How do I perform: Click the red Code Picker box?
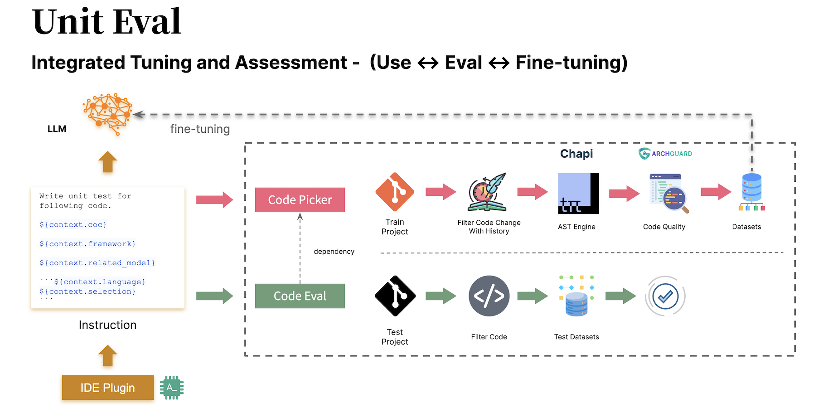tap(300, 200)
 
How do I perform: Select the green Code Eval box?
tap(300, 296)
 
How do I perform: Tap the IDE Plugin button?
tap(107, 388)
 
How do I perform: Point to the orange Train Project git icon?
tap(395, 192)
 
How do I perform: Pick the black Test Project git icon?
tap(395, 296)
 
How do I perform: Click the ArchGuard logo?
tap(665, 154)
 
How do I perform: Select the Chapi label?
tap(576, 154)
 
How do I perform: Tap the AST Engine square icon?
tap(578, 194)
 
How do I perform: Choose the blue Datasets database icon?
tap(751, 192)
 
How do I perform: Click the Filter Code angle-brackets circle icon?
tap(489, 296)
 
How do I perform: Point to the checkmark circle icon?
tap(665, 296)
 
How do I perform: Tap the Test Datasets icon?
tap(576, 296)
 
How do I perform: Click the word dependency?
tap(334, 252)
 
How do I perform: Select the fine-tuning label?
tap(200, 129)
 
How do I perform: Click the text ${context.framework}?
tap(87, 244)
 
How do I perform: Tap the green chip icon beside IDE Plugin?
tap(171, 388)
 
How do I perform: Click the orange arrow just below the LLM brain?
tap(107, 162)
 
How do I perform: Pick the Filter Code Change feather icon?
tap(488, 192)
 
